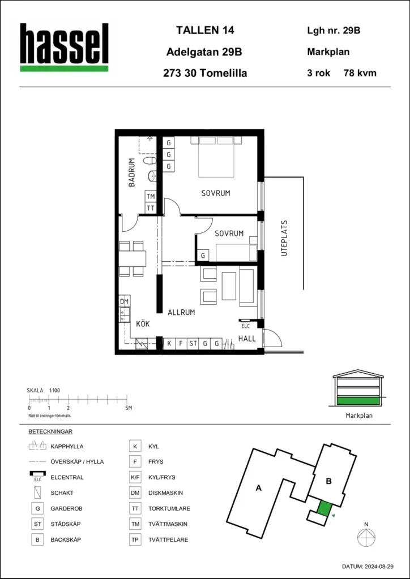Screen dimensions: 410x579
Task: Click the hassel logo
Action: pyautogui.click(x=65, y=47)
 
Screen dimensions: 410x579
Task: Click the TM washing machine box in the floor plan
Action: pyautogui.click(x=151, y=196)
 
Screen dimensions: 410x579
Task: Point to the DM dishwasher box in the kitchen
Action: pyautogui.click(x=125, y=302)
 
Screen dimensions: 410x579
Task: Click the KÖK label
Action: pyautogui.click(x=142, y=324)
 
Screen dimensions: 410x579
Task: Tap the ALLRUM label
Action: pyautogui.click(x=181, y=312)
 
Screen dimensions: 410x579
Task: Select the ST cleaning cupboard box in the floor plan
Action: pyautogui.click(x=193, y=343)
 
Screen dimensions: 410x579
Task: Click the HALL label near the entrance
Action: pyautogui.click(x=247, y=338)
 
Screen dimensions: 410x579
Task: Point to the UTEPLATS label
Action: pyautogui.click(x=284, y=239)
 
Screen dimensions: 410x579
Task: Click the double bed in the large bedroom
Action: pyautogui.click(x=216, y=157)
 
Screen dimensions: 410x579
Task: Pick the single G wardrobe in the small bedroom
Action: pyautogui.click(x=203, y=256)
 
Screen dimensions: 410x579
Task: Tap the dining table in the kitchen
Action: pyautogui.click(x=133, y=258)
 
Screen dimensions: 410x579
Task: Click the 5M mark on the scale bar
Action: pyautogui.click(x=128, y=408)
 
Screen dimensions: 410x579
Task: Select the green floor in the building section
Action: pyautogui.click(x=358, y=400)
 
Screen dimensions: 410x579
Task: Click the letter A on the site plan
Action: pyautogui.click(x=259, y=489)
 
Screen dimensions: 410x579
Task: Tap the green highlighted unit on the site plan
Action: pyautogui.click(x=323, y=508)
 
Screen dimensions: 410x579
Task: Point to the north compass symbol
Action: pyautogui.click(x=366, y=535)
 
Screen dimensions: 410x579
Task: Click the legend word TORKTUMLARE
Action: pyautogui.click(x=169, y=508)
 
